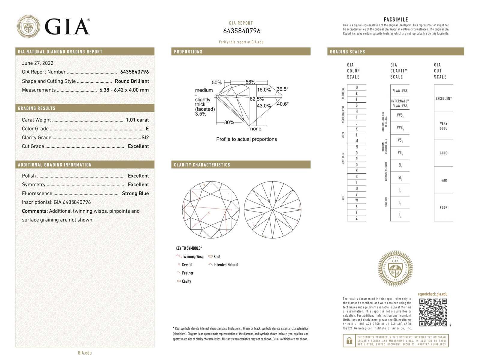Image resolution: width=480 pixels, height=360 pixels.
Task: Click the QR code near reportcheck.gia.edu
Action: tap(433, 312)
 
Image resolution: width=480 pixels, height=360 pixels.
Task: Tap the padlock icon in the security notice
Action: tap(349, 341)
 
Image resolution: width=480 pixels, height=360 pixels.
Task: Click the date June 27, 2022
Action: tap(37, 63)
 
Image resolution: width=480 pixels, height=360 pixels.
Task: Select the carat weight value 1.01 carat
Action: tap(137, 120)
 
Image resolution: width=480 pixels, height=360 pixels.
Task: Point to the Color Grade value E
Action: tap(147, 128)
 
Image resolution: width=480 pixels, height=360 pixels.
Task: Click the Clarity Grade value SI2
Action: tap(145, 137)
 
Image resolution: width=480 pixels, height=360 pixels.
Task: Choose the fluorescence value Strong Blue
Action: tap(135, 193)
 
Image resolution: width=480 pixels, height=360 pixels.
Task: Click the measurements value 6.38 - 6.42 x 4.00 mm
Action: tap(124, 90)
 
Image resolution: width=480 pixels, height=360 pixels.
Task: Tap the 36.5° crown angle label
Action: tap(282, 89)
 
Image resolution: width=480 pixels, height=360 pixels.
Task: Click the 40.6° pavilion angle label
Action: tap(283, 104)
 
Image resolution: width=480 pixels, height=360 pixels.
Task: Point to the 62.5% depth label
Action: tap(256, 99)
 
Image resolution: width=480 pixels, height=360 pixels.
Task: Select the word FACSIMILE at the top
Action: tap(396, 19)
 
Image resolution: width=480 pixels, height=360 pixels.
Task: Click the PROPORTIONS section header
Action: tap(188, 52)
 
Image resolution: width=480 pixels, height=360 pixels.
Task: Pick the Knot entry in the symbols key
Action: tap(217, 256)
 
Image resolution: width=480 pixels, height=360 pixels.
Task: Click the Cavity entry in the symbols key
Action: tap(186, 281)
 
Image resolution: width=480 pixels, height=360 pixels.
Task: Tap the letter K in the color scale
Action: tap(357, 129)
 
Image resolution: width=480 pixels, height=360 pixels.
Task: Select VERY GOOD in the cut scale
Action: tap(443, 126)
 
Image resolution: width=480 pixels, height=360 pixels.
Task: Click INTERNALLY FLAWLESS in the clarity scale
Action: tap(400, 103)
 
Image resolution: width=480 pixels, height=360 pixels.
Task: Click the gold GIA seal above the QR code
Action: tap(395, 268)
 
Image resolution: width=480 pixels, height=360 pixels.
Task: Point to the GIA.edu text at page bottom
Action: tap(85, 353)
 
